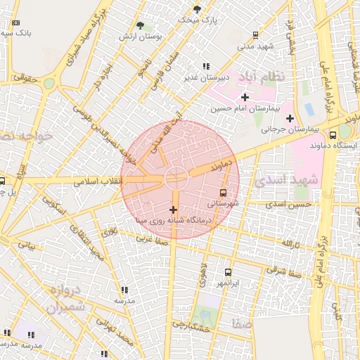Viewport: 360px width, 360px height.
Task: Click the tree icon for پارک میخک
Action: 197,9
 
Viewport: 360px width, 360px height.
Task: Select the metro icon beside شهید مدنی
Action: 255,34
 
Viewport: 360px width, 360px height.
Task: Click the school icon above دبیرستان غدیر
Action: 206,66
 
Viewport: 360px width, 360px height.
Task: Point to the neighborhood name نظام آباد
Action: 261,76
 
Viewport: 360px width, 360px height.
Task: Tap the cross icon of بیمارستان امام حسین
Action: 245,96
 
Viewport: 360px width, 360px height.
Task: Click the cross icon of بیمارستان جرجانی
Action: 290,117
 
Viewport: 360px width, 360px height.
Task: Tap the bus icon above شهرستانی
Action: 224,192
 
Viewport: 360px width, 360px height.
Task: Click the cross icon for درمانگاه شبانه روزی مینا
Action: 173,210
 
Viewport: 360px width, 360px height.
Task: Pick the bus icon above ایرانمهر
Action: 228,272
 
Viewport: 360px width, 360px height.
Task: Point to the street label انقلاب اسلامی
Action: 99,181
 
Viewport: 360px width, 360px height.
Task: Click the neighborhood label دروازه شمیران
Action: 67,298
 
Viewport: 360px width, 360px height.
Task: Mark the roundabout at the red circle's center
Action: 175,177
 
